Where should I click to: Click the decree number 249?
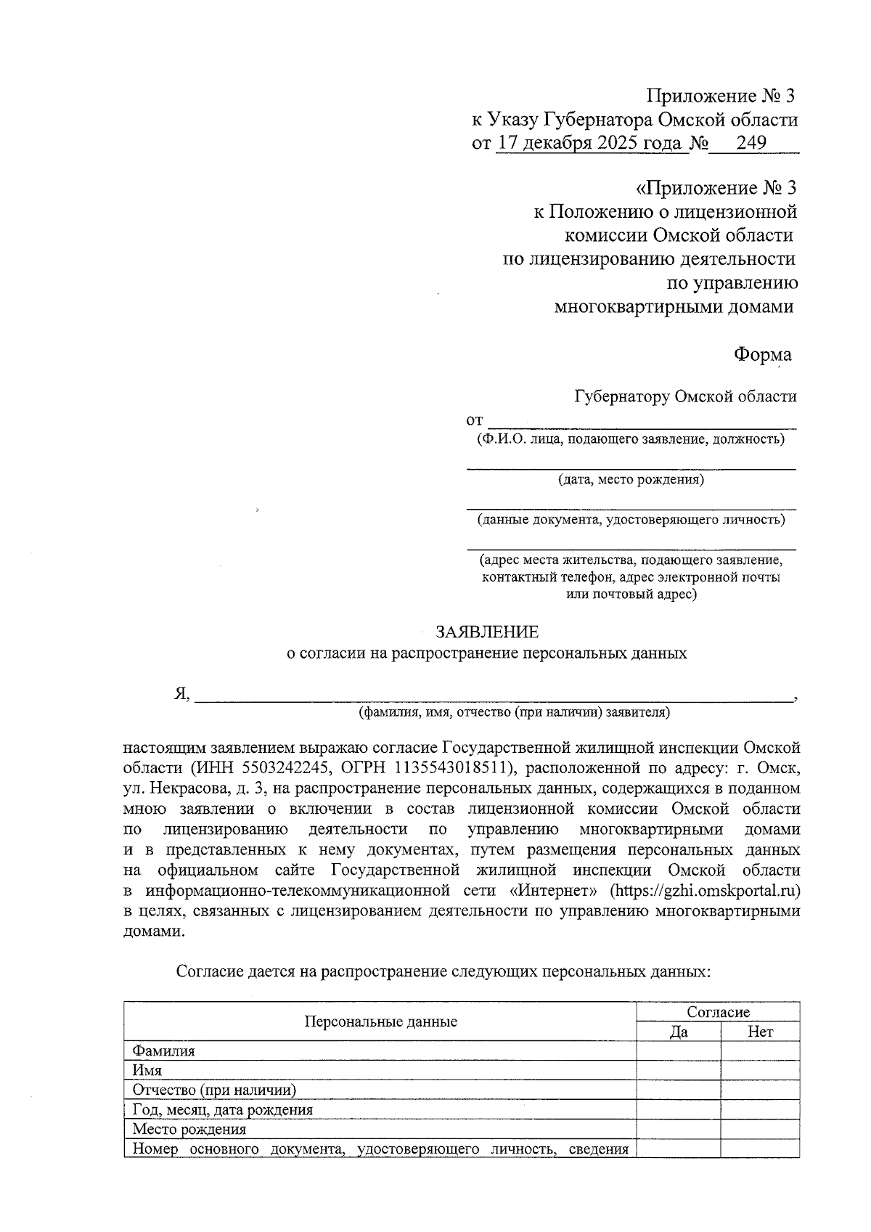click(x=751, y=143)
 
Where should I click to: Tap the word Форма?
click(x=761, y=354)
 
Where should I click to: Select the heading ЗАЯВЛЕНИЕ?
click(x=487, y=632)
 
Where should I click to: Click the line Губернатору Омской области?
click(x=685, y=396)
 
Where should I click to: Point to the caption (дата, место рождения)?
click(x=631, y=480)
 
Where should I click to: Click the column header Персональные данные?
click(x=380, y=1022)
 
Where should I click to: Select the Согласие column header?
click(x=718, y=1012)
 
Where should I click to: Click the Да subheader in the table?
click(x=679, y=1032)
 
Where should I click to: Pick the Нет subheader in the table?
click(x=760, y=1032)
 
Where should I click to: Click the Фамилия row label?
click(x=163, y=1051)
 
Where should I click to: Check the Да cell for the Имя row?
click(x=679, y=1070)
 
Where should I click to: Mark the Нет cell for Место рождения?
click(x=760, y=1130)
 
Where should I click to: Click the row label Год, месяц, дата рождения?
click(x=222, y=1110)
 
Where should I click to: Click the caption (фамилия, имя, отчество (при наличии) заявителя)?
click(x=514, y=713)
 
